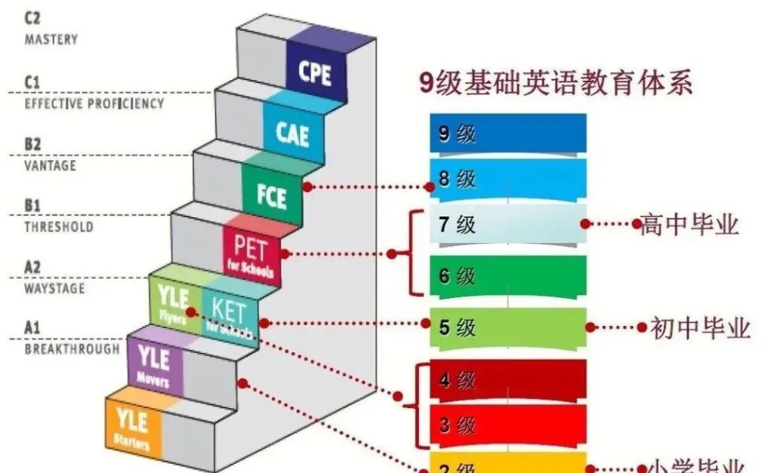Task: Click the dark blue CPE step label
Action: point(315,73)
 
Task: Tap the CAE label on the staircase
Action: point(292,133)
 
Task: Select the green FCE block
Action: point(271,195)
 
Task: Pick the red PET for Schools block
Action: point(251,254)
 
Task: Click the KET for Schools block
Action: point(230,316)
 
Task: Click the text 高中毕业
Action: point(689,224)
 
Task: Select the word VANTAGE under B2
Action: point(50,165)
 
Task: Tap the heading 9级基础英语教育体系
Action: point(555,82)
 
